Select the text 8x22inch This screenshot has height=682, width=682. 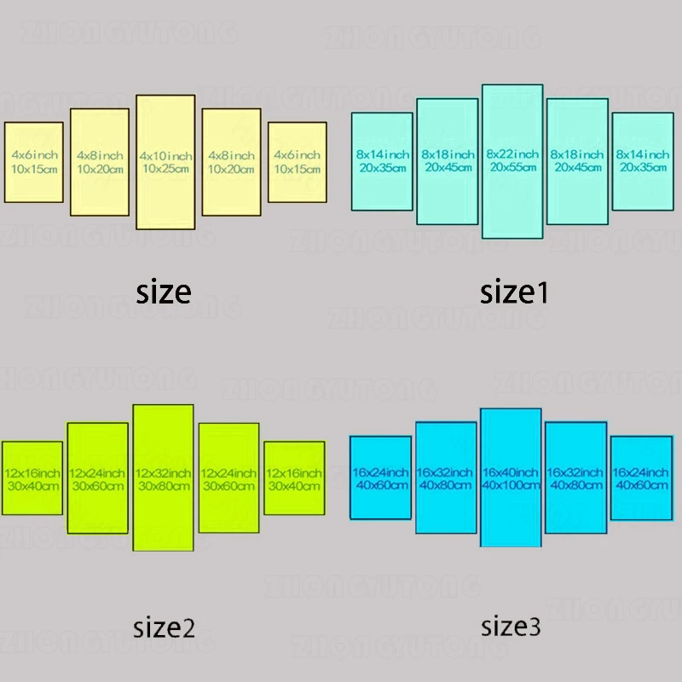pos(512,153)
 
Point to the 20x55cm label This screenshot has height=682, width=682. pos(512,167)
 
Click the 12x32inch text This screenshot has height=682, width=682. pos(163,473)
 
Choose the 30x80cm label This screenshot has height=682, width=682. pos(163,486)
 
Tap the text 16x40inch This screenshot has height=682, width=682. pos(511,472)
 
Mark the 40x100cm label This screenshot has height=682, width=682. pos(511,485)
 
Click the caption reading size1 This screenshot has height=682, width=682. pos(514,292)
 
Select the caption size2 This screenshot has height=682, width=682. pos(165,629)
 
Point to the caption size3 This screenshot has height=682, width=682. pos(511,627)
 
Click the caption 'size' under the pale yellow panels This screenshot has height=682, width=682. pos(164,292)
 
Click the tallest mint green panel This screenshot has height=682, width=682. pos(512,205)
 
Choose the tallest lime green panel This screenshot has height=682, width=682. pos(163,520)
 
